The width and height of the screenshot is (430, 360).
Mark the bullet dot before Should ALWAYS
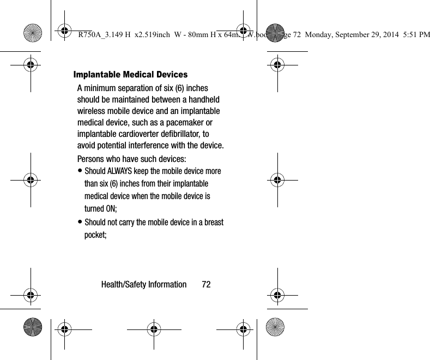[x=80, y=171]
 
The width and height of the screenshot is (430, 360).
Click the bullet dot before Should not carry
[x=80, y=223]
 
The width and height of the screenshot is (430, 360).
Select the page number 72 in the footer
[x=206, y=285]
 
